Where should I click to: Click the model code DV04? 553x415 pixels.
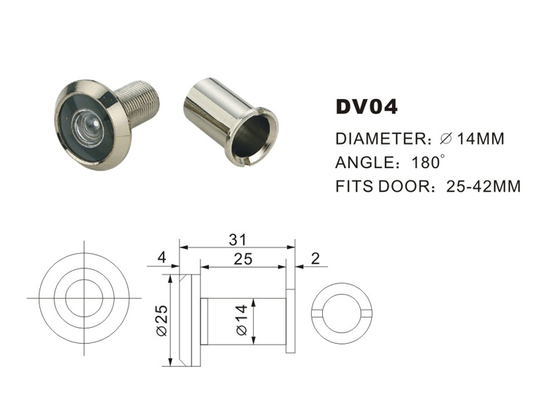pos(366,107)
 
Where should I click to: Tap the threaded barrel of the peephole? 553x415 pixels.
pos(142,104)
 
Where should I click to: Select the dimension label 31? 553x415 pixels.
pos(237,239)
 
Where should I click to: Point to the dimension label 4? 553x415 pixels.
pos(161,259)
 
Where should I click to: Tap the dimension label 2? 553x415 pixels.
pos(316,259)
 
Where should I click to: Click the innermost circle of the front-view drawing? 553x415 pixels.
pos(84,298)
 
